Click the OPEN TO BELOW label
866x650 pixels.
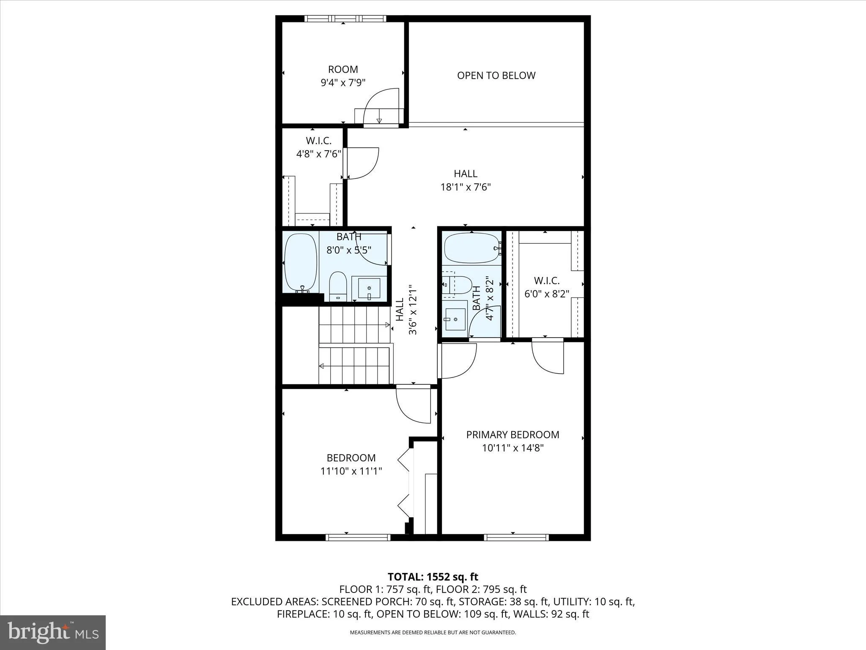[x=496, y=75]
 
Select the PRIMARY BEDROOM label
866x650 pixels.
[x=512, y=435]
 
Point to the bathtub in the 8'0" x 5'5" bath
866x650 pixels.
[x=301, y=262]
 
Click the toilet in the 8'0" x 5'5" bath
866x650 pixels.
[x=338, y=286]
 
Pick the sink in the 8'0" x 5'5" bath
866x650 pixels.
[x=369, y=288]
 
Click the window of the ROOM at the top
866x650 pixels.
[x=345, y=19]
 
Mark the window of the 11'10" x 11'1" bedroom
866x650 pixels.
[x=358, y=537]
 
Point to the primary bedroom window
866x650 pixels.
[x=516, y=537]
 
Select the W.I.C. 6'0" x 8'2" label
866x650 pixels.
[x=547, y=287]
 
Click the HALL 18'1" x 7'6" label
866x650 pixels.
[x=466, y=180]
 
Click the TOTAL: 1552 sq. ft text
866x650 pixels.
[x=433, y=577]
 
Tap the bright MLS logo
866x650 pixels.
[x=53, y=632]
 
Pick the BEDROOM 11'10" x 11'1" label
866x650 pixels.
[x=351, y=464]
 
